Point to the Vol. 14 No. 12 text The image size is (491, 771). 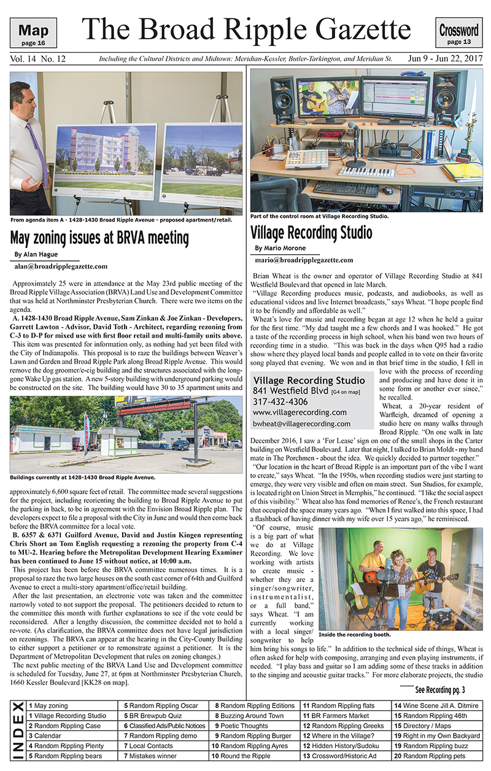coord(38,60)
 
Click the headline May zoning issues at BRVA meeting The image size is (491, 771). coord(99,238)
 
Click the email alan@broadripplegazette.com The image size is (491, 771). coord(61,266)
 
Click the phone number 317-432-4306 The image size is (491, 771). coord(283,401)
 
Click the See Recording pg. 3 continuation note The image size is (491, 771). coord(439,689)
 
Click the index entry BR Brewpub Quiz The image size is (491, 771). coord(153,716)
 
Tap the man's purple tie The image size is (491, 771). coord(36,157)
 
